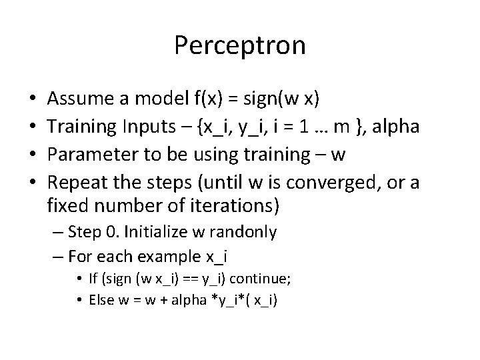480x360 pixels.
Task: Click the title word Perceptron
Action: click(240, 46)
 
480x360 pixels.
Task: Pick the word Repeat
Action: click(77, 182)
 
